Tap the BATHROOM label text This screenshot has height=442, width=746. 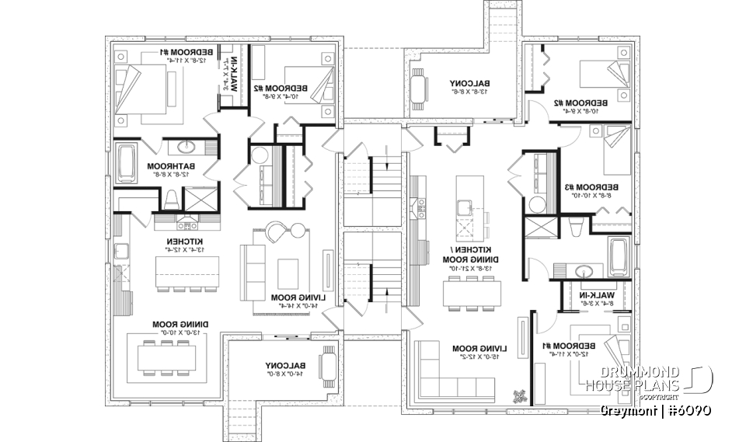[x=171, y=166]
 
